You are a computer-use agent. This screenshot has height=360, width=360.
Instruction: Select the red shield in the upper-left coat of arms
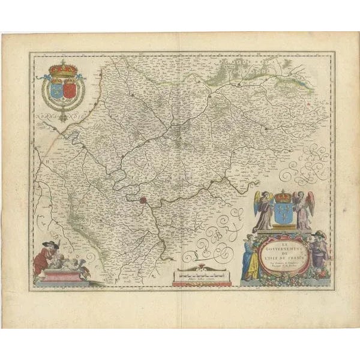70,90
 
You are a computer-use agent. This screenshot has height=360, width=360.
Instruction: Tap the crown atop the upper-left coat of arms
63,68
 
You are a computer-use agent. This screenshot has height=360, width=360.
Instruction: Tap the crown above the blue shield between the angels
283,196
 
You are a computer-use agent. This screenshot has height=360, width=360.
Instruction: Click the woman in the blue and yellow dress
250,258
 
